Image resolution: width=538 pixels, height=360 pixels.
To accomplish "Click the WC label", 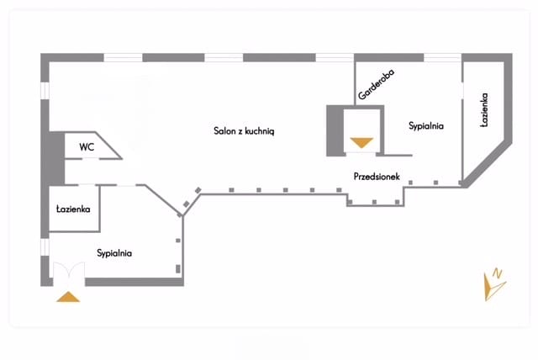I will (x=87, y=147).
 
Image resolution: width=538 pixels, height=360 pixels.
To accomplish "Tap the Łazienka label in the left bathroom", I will (x=73, y=209).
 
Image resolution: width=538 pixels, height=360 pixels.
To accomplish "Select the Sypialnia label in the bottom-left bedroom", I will (x=114, y=252).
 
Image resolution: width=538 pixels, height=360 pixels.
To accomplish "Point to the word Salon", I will (x=224, y=131).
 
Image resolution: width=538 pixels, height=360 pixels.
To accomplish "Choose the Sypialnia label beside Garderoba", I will (x=426, y=126).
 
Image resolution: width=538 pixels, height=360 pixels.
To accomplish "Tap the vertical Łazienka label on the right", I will (x=484, y=110).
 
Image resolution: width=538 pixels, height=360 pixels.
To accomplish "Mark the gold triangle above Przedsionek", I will (x=361, y=142).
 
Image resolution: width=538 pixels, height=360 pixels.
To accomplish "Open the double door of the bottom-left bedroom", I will (x=66, y=274).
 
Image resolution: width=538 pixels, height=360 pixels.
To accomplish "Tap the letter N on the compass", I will (x=498, y=273).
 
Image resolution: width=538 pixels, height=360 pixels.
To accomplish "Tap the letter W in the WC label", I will (x=83, y=147).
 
